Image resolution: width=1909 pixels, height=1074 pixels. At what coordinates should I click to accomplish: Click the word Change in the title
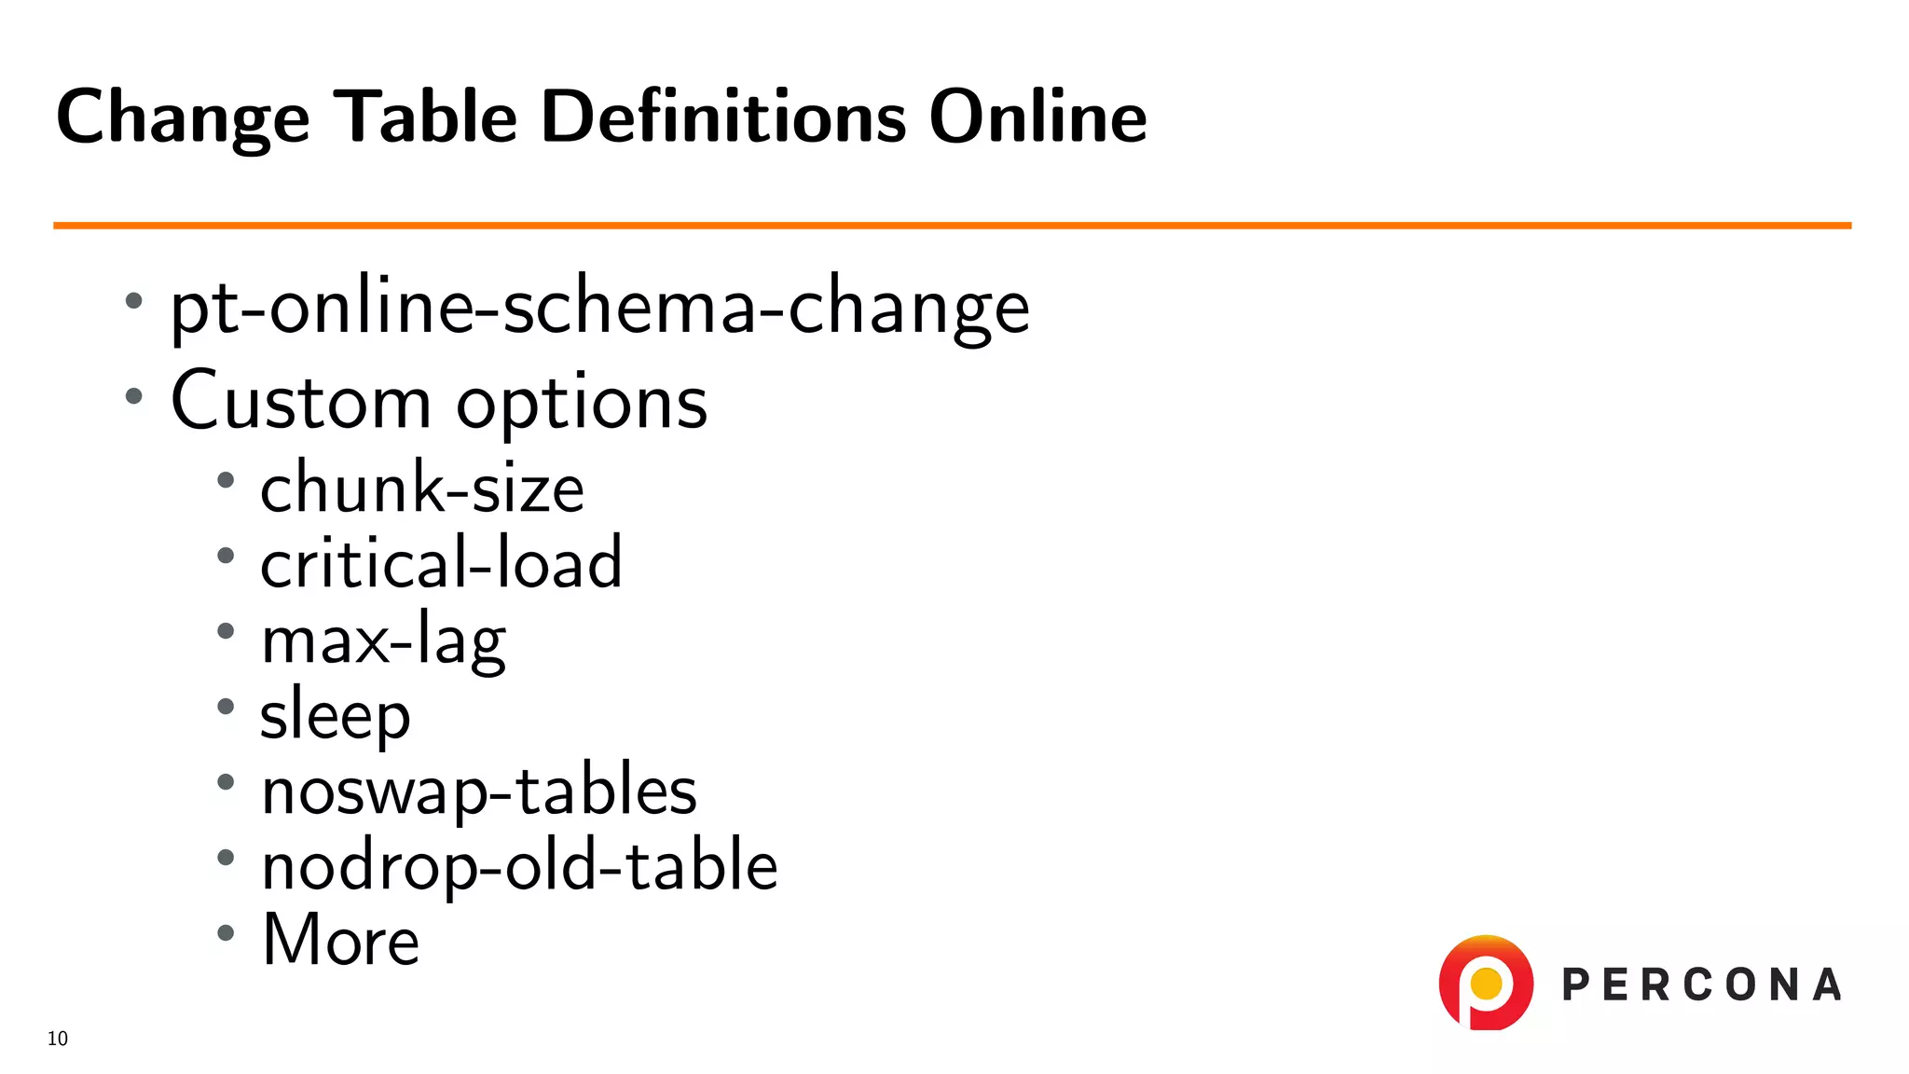(183, 117)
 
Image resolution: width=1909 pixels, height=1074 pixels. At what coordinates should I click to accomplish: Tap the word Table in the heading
(425, 117)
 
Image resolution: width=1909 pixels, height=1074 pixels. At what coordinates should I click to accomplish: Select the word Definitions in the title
(723, 117)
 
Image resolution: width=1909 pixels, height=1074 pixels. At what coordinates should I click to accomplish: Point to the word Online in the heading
(1037, 117)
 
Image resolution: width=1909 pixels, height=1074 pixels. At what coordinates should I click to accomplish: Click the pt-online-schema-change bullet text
(599, 308)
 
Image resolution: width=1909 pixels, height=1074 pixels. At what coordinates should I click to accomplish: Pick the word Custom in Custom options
(300, 402)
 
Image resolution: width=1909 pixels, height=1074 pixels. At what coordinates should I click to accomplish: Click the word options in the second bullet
(582, 406)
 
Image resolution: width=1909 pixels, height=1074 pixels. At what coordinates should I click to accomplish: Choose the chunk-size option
(421, 488)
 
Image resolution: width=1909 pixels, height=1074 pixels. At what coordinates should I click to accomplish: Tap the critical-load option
(441, 562)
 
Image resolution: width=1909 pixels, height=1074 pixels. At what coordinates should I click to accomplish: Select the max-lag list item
(383, 640)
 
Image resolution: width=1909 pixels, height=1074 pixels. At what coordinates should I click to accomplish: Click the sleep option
(335, 716)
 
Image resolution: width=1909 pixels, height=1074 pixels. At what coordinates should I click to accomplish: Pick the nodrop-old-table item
(519, 865)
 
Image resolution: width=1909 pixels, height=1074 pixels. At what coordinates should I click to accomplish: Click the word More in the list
(341, 939)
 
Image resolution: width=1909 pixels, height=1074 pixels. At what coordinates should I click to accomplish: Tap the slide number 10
(58, 1039)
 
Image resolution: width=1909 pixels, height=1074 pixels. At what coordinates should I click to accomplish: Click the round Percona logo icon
(1486, 983)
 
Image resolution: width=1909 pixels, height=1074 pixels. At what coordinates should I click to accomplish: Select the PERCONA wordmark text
(1701, 985)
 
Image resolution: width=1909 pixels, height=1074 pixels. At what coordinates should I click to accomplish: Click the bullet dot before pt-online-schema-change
(134, 301)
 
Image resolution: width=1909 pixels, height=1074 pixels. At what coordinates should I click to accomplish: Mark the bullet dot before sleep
(226, 707)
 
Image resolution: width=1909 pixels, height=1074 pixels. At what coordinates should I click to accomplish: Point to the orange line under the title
(952, 225)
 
